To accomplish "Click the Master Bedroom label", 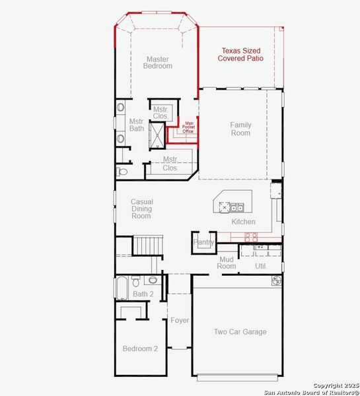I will (159, 62).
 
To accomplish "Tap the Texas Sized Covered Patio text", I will (240, 54).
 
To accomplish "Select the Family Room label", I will (240, 129).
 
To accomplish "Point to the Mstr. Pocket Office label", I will (188, 127).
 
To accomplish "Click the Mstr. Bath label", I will (137, 125).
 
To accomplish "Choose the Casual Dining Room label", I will (141, 209).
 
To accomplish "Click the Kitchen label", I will (243, 222).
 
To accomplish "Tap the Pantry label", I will (203, 243).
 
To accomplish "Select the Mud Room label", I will (227, 263).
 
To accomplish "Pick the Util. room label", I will (261, 265).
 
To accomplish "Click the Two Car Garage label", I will (240, 331).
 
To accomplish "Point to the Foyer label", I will (180, 320).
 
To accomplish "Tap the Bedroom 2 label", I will (140, 348).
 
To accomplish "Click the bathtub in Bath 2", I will (123, 288).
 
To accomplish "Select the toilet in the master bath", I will (122, 172).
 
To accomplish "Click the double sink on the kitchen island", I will (236, 208).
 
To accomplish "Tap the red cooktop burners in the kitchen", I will (251, 236).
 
